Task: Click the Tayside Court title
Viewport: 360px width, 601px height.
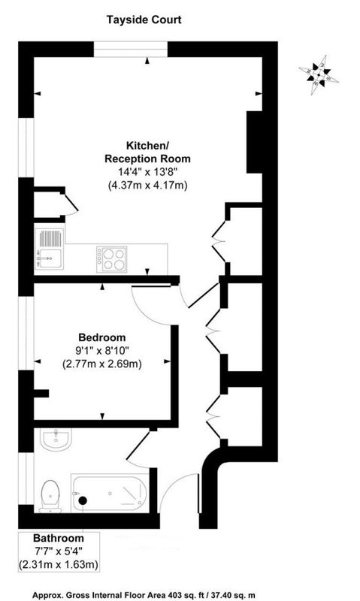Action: (x=144, y=20)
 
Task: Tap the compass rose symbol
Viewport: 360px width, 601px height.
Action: (x=319, y=75)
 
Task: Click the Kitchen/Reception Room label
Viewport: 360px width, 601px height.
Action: (x=147, y=153)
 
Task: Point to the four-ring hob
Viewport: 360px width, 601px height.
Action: (x=111, y=259)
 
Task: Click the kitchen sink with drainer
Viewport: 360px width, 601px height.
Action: (x=50, y=249)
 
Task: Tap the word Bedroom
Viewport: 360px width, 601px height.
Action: (x=102, y=337)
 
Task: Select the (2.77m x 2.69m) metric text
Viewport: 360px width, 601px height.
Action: (x=102, y=364)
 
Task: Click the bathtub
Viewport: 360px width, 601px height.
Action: (x=110, y=493)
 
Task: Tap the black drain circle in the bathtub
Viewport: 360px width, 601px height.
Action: (x=83, y=500)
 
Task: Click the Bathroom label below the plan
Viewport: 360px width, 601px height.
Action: (x=59, y=538)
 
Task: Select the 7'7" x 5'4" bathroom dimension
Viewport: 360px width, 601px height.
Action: (x=59, y=551)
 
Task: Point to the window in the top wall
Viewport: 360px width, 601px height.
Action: (x=131, y=50)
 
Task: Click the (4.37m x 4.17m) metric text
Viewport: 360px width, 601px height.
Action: (x=147, y=186)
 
